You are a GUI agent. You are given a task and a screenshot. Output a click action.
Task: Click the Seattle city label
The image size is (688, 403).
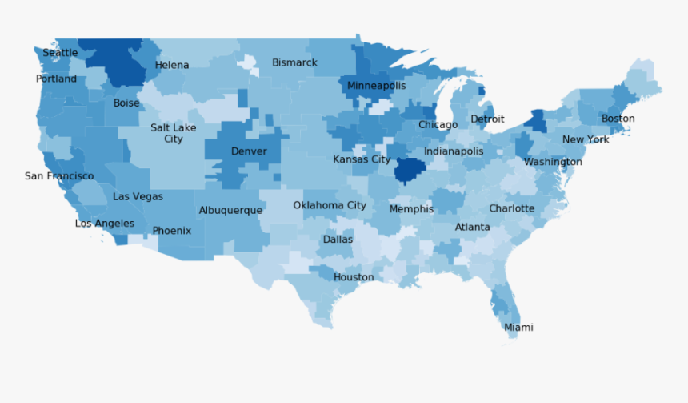(x=60, y=53)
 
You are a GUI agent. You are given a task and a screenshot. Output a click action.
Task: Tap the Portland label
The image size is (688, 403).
(x=56, y=79)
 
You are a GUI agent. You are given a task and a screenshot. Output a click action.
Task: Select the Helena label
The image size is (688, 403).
(x=172, y=66)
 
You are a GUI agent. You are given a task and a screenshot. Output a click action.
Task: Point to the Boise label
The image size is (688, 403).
(x=126, y=103)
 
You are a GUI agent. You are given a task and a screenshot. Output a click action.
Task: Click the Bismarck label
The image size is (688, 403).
(x=294, y=62)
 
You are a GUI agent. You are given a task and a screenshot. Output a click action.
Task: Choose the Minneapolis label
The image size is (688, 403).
(x=376, y=86)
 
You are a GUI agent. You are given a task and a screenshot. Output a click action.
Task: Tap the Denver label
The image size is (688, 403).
(x=249, y=151)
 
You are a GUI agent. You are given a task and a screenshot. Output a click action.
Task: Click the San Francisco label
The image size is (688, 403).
(x=59, y=176)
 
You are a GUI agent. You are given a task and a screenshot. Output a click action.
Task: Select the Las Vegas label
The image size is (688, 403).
(x=138, y=196)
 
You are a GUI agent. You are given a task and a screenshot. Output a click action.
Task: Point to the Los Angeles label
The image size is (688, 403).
(x=105, y=224)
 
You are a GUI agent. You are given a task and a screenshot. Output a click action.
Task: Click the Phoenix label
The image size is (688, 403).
(x=172, y=231)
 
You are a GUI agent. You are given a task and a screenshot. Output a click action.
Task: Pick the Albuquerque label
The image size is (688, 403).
(x=230, y=211)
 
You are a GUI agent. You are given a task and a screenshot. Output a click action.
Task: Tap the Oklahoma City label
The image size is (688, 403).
(x=330, y=205)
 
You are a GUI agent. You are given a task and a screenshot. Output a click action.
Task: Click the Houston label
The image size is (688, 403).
(x=354, y=277)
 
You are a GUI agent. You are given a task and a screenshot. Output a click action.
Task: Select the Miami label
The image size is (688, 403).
(x=518, y=328)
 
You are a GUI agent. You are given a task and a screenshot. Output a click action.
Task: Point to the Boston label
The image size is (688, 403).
(x=618, y=119)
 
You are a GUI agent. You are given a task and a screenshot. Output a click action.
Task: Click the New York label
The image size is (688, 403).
(x=586, y=139)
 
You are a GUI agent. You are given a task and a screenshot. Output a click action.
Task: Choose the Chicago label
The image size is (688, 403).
(x=438, y=125)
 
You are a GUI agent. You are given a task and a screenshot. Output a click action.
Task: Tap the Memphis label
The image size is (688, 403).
(x=411, y=209)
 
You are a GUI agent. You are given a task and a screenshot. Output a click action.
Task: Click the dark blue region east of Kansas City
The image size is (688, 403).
(x=410, y=170)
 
